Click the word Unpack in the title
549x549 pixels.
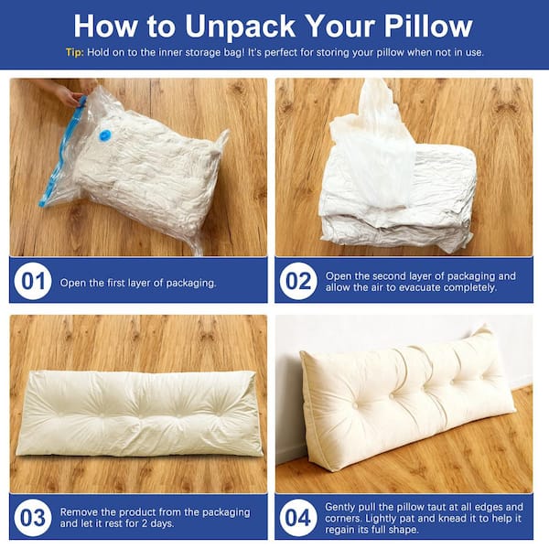coord(240,27)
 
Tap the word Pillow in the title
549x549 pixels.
coord(428,26)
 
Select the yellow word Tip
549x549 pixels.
coord(74,52)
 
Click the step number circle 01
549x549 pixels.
coord(33,281)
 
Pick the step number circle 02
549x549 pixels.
coord(298,281)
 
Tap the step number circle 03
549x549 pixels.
coord(33,518)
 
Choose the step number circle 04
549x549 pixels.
coord(298,518)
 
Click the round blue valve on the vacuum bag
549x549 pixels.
coord(104,135)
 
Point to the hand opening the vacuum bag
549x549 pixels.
coord(69,92)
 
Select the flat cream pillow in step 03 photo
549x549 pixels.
coord(139,414)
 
